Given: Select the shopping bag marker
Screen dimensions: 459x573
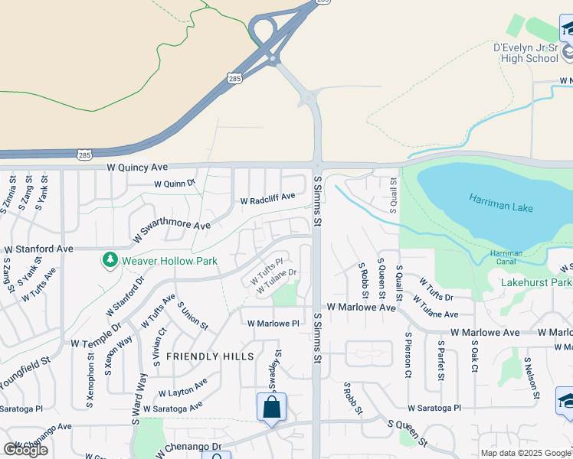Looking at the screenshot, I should click(x=272, y=407).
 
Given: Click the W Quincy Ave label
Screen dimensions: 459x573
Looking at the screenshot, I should click(x=137, y=167).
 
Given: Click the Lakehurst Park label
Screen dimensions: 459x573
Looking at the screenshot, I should click(x=536, y=282).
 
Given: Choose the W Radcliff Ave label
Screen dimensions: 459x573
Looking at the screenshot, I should click(x=267, y=200).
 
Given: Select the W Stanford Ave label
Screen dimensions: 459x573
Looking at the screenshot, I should click(x=38, y=249).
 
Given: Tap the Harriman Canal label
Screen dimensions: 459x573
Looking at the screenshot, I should click(x=506, y=257).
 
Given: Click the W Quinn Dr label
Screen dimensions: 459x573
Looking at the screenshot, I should click(x=175, y=184).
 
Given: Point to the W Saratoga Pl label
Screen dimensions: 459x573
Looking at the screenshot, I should click(x=434, y=409).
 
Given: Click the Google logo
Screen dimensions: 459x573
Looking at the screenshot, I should click(x=25, y=450).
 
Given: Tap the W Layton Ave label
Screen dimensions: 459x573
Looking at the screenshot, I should click(x=182, y=388).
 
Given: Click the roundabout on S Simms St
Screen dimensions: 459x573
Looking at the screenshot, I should click(x=310, y=97).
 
